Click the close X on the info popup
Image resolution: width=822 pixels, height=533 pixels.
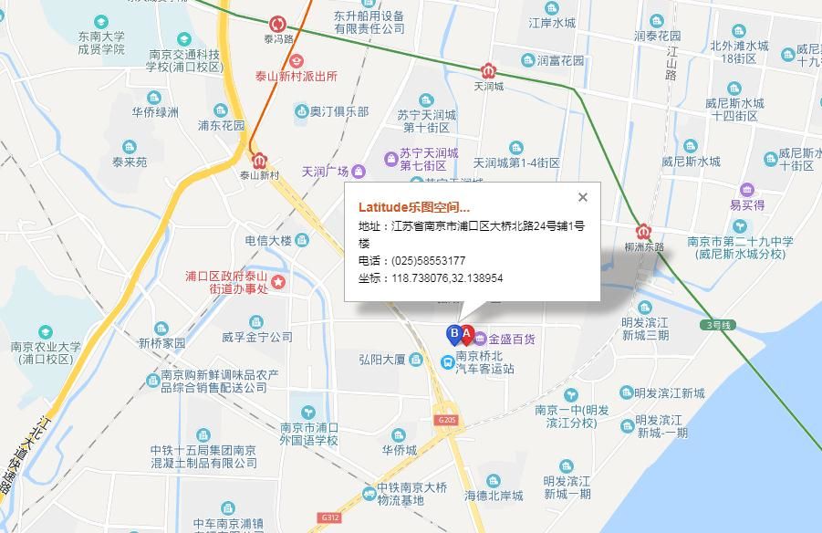click(583, 197)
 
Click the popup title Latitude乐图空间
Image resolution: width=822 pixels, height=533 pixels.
click(414, 207)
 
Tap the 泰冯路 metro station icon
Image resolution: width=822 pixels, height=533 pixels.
click(277, 25)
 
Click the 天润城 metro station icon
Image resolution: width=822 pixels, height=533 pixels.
click(489, 71)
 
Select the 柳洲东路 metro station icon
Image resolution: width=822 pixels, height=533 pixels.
click(645, 232)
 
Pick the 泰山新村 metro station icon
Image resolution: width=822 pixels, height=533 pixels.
click(259, 160)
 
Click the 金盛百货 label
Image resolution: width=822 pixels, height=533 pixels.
click(512, 340)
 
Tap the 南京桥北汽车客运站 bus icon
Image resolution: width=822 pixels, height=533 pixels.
click(447, 362)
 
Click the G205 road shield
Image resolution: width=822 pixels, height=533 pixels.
click(446, 420)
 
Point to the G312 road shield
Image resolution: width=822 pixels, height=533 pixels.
click(329, 517)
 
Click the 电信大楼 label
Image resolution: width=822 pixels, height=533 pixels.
click(268, 241)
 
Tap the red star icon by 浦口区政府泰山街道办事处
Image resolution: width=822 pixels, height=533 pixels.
click(278, 282)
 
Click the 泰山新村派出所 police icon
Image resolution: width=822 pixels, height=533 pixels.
click(297, 60)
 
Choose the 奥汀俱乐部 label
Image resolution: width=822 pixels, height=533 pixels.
click(338, 111)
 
